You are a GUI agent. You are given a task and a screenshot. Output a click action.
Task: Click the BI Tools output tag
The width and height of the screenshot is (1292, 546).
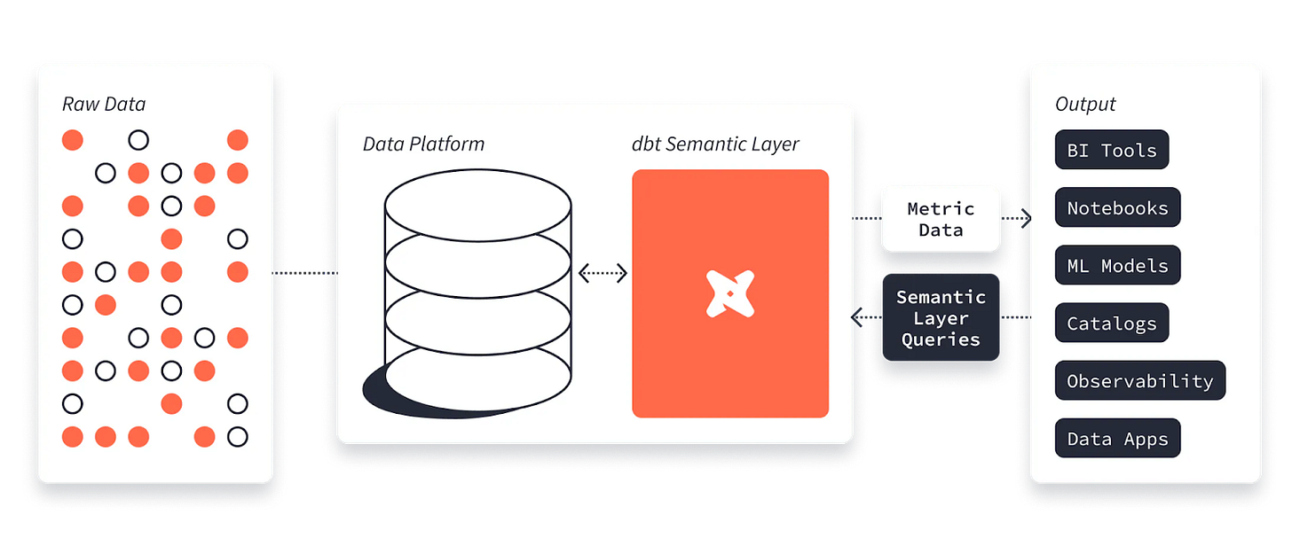[x=1111, y=150]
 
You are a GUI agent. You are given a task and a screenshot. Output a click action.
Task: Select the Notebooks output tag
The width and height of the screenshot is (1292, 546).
[x=1117, y=208]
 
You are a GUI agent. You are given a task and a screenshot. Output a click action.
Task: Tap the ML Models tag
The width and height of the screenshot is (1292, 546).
[x=1117, y=265]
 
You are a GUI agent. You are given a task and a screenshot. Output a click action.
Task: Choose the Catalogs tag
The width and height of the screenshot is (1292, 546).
[x=1111, y=324]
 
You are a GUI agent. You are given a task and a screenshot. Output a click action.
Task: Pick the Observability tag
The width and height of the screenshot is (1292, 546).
[x=1139, y=381]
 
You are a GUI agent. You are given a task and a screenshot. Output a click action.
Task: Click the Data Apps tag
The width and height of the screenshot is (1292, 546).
[x=1117, y=439]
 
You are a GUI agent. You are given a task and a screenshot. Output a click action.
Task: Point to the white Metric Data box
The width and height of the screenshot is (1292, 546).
[x=941, y=219]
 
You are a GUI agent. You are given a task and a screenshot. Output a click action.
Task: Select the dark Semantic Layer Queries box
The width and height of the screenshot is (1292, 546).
[x=941, y=318]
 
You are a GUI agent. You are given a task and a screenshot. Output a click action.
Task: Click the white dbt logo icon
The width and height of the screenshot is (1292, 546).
[x=729, y=293]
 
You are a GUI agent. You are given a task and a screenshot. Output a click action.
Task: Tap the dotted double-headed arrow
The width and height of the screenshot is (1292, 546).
[x=603, y=274]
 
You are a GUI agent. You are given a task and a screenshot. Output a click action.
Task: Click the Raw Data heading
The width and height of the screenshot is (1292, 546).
[x=104, y=104]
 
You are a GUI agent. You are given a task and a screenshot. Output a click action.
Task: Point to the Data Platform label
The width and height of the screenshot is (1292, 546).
[x=423, y=144]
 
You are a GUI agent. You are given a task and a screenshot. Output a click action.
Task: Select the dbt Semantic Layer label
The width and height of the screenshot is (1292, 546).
[x=715, y=144]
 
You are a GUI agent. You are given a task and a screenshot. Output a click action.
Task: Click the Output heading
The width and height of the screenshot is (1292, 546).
[x=1084, y=104]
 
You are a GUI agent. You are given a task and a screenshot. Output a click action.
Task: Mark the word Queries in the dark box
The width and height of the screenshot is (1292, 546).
[x=941, y=339]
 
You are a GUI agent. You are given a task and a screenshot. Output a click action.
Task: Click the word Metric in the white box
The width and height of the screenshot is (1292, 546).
[x=941, y=209]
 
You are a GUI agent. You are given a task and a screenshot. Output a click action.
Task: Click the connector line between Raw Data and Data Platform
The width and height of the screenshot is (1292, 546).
[x=304, y=274]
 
